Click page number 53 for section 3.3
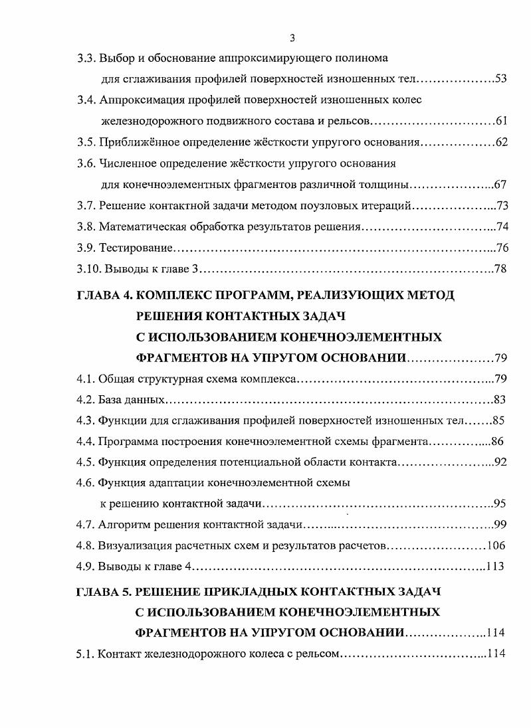(x=501, y=80)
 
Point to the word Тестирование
(x=136, y=248)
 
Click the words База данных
(x=132, y=400)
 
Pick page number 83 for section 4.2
(x=501, y=400)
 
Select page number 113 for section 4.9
(x=495, y=567)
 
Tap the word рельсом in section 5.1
(x=318, y=654)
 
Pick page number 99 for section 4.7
(x=501, y=525)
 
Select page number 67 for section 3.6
(x=501, y=185)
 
